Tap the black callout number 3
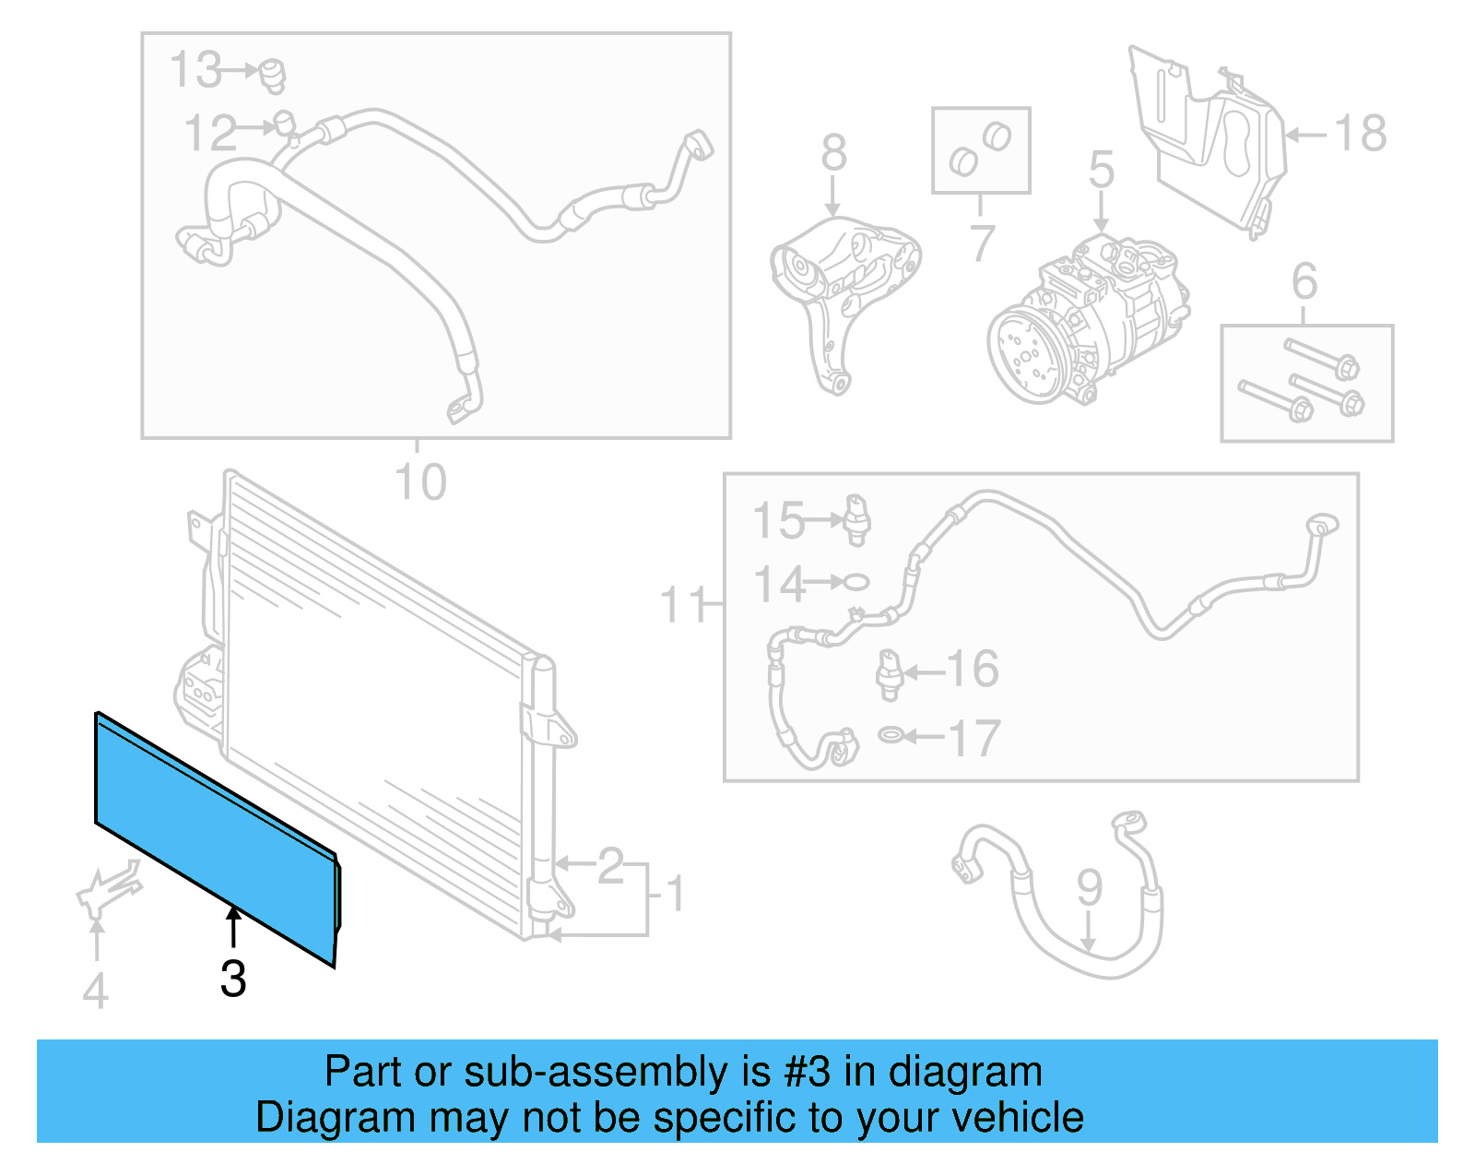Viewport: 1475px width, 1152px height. pyautogui.click(x=233, y=979)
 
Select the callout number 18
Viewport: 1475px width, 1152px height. pyautogui.click(x=1361, y=134)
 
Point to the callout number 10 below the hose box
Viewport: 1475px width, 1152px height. pyautogui.click(x=420, y=482)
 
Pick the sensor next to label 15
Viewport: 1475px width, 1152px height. pyautogui.click(x=856, y=519)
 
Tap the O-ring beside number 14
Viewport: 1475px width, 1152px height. pyautogui.click(x=855, y=582)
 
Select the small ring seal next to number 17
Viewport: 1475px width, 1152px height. pyautogui.click(x=891, y=735)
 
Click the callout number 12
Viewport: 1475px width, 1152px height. pyautogui.click(x=211, y=134)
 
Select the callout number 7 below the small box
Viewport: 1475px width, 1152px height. pyautogui.click(x=982, y=243)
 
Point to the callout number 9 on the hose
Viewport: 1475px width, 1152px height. pyautogui.click(x=1089, y=886)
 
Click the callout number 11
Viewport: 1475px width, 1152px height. pyautogui.click(x=683, y=605)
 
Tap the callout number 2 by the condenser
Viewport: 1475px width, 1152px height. pyautogui.click(x=610, y=866)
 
